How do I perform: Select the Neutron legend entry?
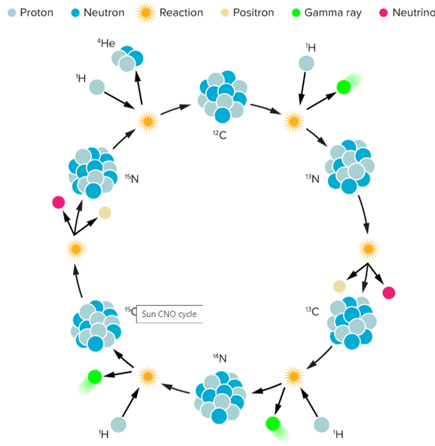coord(99,12)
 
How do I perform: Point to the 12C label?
coord(218,133)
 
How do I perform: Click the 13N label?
coord(312,178)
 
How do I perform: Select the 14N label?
coord(220,357)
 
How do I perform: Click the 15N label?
coord(130,178)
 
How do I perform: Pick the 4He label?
coord(106,44)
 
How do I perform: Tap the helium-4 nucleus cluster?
coord(128,59)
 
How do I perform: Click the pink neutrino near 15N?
coord(59,202)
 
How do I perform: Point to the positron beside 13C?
coord(339,286)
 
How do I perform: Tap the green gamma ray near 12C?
coord(344,87)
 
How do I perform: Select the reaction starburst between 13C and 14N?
coord(294,375)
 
